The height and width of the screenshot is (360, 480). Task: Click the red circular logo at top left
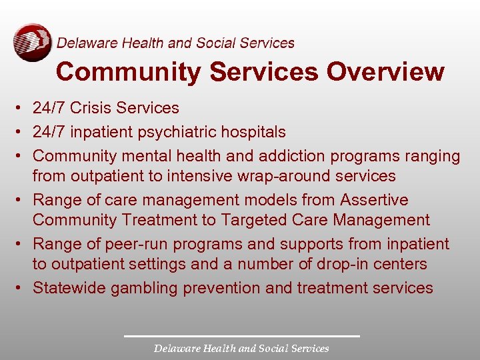32,42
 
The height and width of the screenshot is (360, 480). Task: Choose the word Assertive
374,200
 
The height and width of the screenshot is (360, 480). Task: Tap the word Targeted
257,220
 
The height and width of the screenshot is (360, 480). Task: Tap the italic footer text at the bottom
241,348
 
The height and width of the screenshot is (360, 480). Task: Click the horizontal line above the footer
241,335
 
